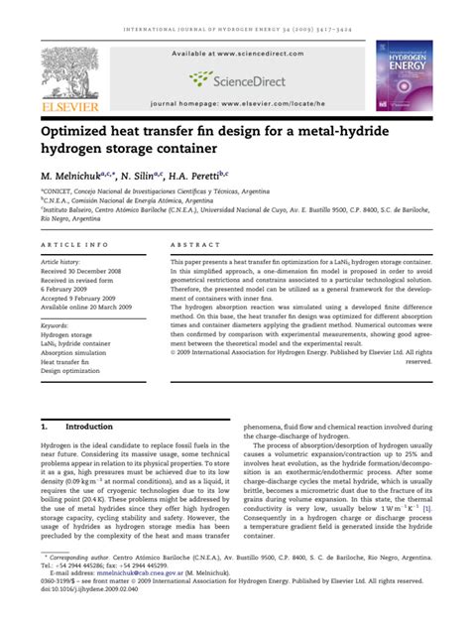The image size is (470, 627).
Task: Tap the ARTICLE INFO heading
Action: click(75, 244)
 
